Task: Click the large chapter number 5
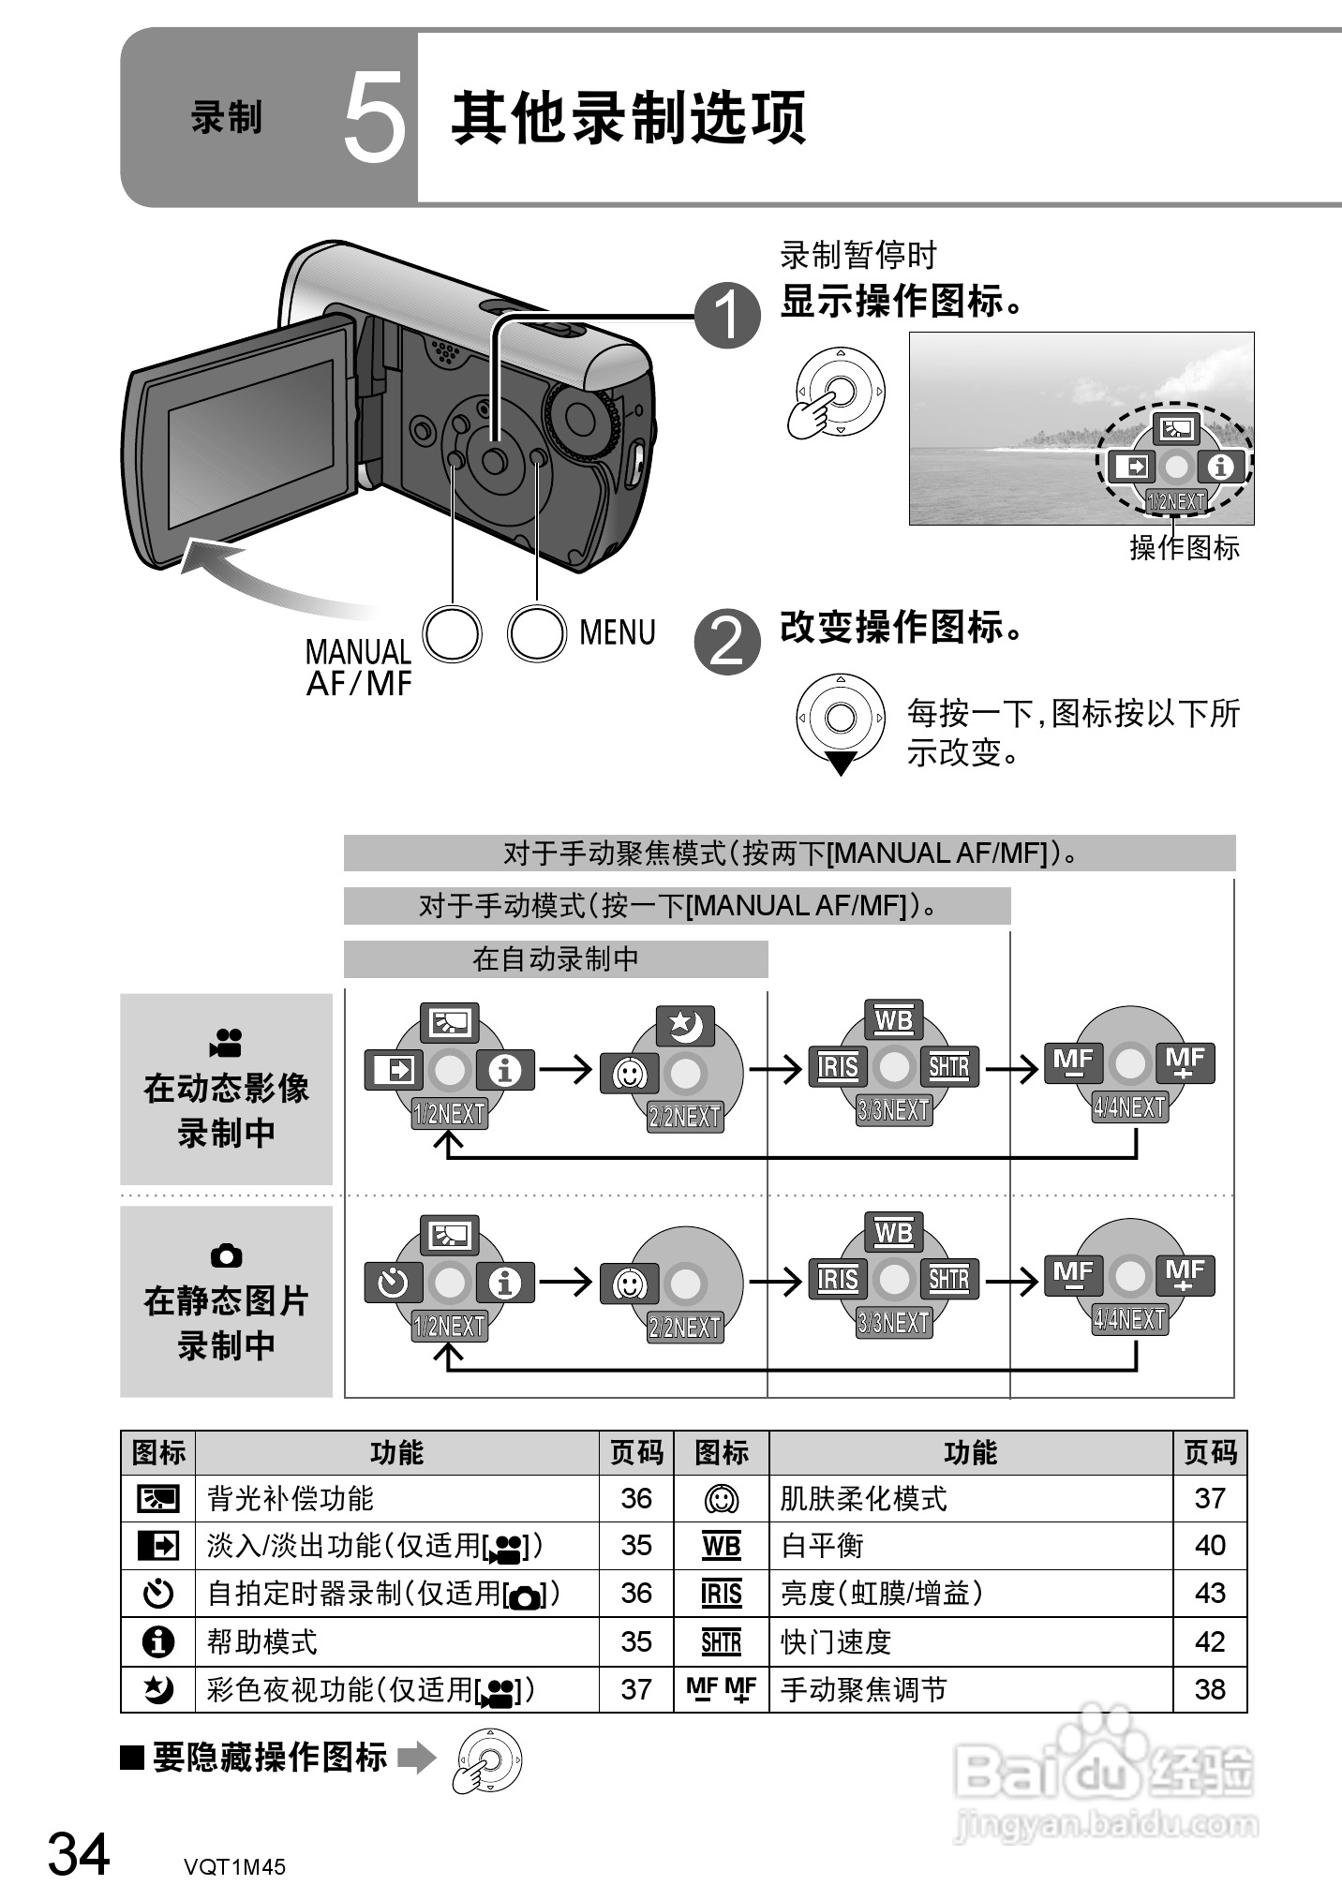374,119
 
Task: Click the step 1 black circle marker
727,316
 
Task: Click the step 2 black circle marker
727,643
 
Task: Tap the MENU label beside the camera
617,632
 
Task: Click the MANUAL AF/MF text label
358,667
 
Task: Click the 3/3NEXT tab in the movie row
894,1111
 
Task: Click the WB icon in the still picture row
893,1233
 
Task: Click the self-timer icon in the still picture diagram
394,1283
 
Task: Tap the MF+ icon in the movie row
1185,1063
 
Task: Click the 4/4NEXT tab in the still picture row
1129,1320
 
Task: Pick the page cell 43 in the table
1209,1593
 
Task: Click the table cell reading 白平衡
822,1546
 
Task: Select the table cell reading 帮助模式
262,1641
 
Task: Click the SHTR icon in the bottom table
721,1641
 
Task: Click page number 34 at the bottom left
79,1854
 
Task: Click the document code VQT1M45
234,1866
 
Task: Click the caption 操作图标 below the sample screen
1184,547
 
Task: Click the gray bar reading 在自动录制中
556,959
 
